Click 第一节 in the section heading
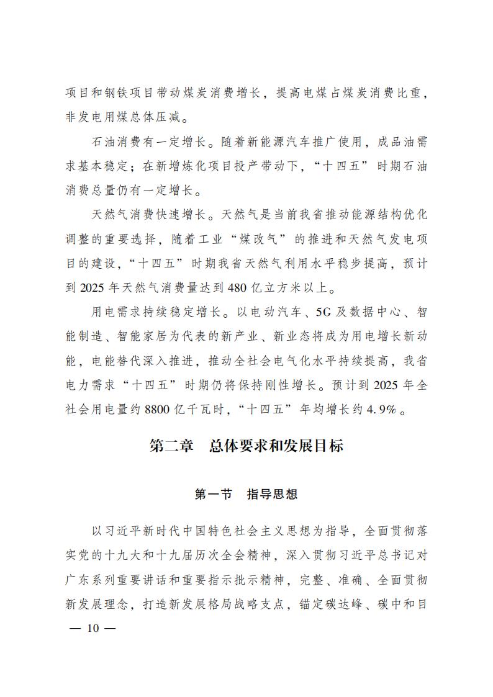tap(214, 495)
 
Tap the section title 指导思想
tap(273, 495)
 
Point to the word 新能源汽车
tap(287, 142)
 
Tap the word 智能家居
tap(165, 336)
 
